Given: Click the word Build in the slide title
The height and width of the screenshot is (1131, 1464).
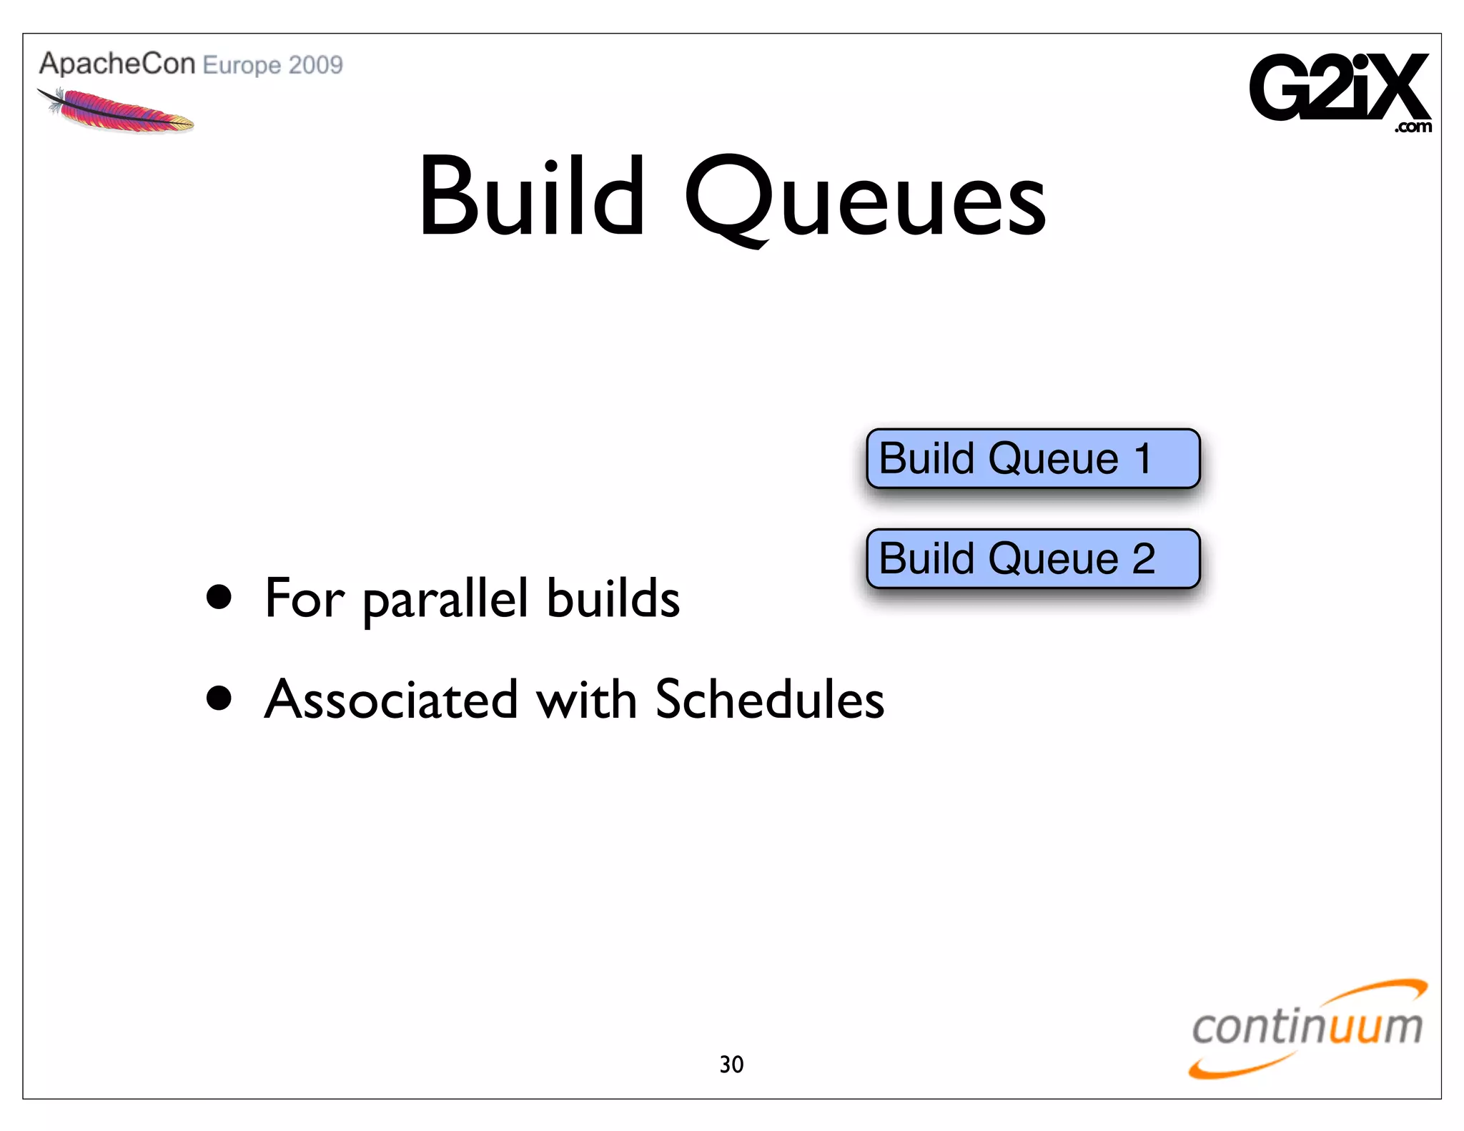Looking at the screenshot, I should point(532,197).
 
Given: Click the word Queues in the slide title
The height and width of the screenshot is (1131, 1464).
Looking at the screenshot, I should point(865,200).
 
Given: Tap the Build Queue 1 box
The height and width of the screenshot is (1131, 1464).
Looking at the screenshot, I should point(1032,459).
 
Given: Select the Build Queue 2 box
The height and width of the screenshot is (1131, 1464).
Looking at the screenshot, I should point(1032,559).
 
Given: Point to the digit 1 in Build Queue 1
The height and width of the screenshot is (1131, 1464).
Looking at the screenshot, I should point(1143,459).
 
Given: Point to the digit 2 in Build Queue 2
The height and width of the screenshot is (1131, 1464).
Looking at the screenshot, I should point(1143,559).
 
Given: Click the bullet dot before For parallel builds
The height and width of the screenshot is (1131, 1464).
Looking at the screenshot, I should point(219,598).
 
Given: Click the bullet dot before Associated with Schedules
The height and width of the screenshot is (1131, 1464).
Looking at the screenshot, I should point(219,698).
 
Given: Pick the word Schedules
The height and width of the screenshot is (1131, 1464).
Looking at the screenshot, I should point(769,699).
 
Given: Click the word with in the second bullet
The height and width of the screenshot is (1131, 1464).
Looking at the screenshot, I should point(586,699).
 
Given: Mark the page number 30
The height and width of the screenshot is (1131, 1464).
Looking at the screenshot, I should point(731,1065).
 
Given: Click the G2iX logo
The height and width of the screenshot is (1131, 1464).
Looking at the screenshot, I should point(1338,87).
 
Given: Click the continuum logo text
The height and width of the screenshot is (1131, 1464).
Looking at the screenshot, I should point(1307,1027).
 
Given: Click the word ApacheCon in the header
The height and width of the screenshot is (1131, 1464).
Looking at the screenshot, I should point(117,64).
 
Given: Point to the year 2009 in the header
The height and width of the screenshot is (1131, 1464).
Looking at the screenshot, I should point(316,65).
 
